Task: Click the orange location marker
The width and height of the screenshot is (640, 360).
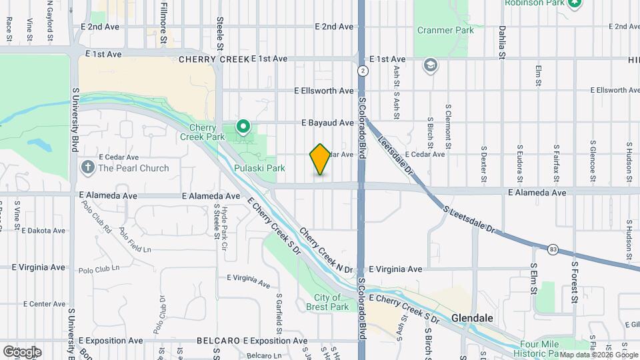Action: click(320, 159)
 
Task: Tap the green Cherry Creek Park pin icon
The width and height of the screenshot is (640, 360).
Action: click(243, 125)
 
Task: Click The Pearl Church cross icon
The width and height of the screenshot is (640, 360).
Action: click(88, 168)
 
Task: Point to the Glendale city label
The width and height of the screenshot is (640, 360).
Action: click(473, 318)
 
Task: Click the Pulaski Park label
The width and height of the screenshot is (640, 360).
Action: click(259, 169)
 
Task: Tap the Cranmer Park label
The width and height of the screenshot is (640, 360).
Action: click(445, 31)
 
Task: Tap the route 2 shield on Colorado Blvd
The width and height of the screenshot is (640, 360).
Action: click(362, 70)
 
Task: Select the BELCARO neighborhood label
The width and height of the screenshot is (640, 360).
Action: click(219, 341)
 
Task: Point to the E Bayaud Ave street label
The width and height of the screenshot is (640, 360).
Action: click(327, 123)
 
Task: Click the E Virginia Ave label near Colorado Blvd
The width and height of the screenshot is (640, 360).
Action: click(395, 269)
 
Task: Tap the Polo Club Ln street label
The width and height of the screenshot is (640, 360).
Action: click(99, 269)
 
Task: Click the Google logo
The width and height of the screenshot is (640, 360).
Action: click(22, 351)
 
